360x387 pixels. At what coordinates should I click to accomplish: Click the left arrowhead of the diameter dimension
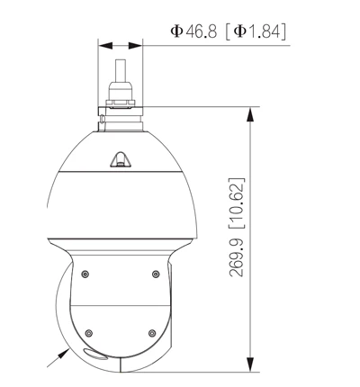click(103, 44)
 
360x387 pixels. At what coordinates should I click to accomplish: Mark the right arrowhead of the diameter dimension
click(136, 44)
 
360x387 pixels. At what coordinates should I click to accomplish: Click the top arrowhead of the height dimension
click(249, 113)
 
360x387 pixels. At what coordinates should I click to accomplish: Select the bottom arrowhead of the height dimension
click(249, 364)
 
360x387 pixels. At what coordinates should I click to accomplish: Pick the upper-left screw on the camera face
click(85, 274)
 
